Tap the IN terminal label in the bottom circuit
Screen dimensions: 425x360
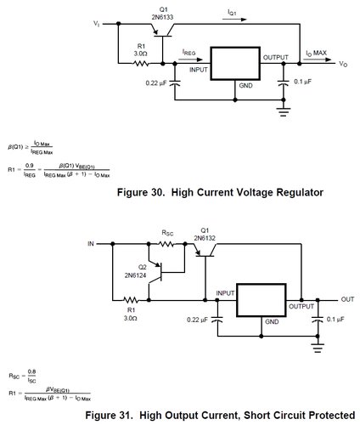(x=91, y=243)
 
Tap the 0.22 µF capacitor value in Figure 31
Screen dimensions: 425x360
(x=198, y=320)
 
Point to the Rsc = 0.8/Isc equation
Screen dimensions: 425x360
(x=23, y=374)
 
